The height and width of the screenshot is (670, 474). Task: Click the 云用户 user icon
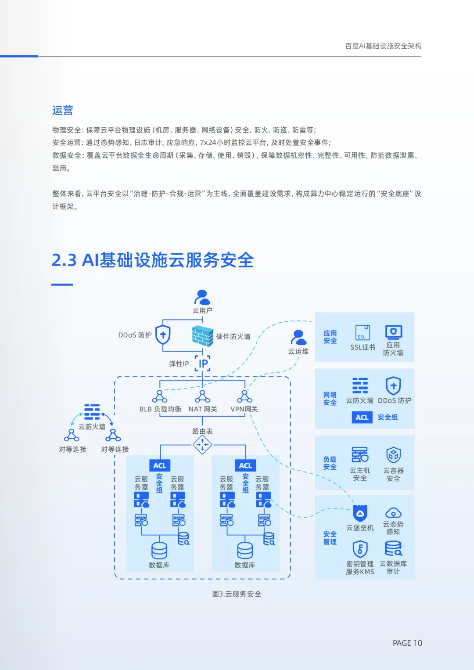point(202,297)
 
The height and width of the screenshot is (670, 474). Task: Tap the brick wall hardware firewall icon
point(202,336)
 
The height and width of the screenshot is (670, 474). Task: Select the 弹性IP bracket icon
point(202,364)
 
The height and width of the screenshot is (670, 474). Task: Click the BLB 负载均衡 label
point(160,409)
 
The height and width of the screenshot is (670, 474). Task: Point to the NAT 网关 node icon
point(202,396)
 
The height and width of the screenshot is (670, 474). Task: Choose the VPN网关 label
point(244,409)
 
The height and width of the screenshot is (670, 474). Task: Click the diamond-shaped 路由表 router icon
point(202,445)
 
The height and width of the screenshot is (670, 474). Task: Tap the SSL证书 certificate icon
point(363,333)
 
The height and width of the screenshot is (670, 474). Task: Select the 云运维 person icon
point(298,338)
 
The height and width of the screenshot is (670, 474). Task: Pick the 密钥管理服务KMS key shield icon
point(360,549)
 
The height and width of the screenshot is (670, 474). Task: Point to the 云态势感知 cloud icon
point(393,513)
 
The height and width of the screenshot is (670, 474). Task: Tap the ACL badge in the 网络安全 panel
point(362,418)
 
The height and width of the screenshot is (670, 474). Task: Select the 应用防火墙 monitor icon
point(393,332)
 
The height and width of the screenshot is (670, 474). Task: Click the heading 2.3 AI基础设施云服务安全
point(153,260)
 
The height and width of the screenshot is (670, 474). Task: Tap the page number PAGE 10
point(407,643)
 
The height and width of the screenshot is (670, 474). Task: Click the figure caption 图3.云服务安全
point(237,594)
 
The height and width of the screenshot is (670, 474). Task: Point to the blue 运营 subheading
point(63,110)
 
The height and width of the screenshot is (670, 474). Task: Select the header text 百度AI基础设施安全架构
point(383,46)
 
